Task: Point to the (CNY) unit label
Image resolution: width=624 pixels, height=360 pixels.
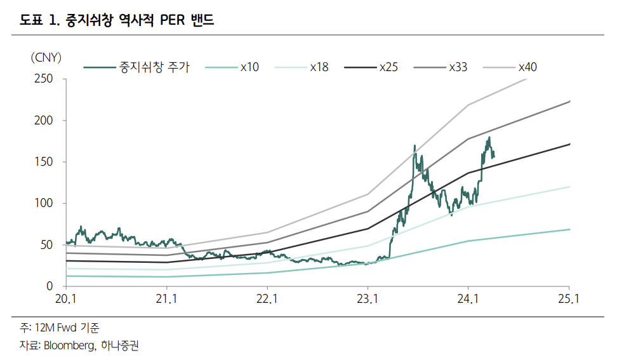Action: point(46,58)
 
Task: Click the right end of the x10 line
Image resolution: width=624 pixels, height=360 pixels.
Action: point(569,229)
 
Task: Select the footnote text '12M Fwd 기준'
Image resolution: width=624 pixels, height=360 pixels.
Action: point(67,328)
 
